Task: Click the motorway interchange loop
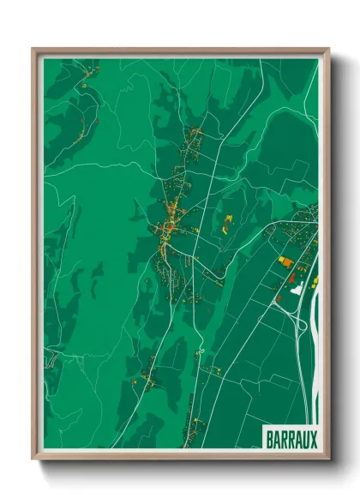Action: coord(299,322)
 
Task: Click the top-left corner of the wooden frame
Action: coord(33,50)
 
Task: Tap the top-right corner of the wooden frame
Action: coord(328,50)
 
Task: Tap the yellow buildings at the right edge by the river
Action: coord(314,280)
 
